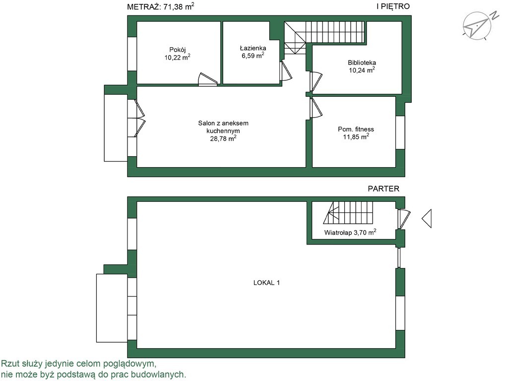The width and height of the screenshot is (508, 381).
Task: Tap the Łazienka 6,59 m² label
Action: tap(253, 52)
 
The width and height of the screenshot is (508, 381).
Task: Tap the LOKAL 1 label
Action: tap(266, 283)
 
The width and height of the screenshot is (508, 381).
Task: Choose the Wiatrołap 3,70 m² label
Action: tap(350, 232)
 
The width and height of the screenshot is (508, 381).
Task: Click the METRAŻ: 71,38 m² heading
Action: tap(161, 6)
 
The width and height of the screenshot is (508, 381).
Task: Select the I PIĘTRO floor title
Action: tap(393, 6)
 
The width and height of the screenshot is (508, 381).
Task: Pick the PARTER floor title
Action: tap(383, 189)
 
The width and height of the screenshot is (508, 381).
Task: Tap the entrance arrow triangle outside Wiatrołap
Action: tap(427, 218)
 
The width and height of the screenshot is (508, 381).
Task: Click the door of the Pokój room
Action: tap(207, 80)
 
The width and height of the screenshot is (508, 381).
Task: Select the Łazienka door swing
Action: tap(285, 71)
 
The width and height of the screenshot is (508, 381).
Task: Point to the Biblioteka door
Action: tap(316, 81)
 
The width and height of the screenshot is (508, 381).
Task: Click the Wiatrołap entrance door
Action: tap(404, 219)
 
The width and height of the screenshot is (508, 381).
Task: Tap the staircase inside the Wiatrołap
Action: tap(348, 212)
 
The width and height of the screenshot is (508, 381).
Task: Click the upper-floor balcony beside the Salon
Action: tap(116, 127)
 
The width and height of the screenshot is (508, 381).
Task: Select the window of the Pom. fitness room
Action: tap(400, 132)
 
